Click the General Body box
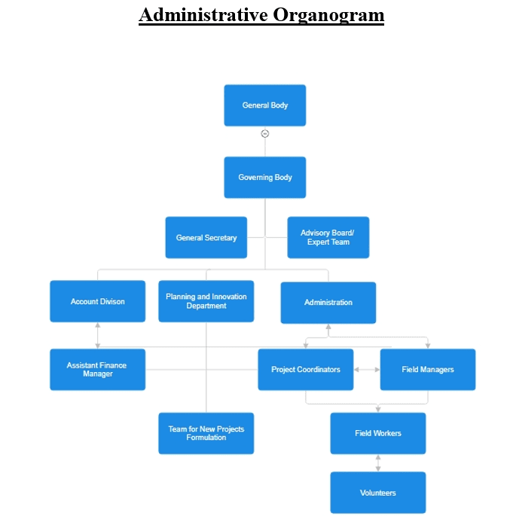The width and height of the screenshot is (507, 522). [x=265, y=105]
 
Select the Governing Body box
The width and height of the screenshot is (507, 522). [x=265, y=178]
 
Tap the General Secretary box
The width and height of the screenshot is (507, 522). [x=206, y=238]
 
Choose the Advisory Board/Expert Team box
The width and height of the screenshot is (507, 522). [x=328, y=238]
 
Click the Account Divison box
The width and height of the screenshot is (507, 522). [x=98, y=302]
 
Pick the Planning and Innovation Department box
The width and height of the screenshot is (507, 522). [x=206, y=302]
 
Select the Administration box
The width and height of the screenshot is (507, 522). [x=328, y=303]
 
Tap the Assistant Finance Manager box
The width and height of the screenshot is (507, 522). [x=98, y=370]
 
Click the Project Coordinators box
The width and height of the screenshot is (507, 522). [x=306, y=370]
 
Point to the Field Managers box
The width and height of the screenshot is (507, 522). [x=427, y=370]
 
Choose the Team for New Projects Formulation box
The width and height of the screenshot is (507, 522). [x=206, y=433]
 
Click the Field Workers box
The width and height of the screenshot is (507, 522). [x=377, y=433]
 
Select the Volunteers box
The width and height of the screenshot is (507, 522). [x=377, y=493]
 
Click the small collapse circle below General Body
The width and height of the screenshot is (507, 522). [x=265, y=134]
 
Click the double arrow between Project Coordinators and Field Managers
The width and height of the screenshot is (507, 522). [x=367, y=370]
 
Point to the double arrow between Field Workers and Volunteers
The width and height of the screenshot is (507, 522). [x=377, y=463]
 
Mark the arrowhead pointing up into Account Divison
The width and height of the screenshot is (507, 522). [x=98, y=326]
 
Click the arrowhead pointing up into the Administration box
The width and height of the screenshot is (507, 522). [x=328, y=328]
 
